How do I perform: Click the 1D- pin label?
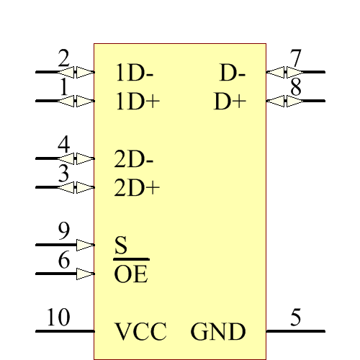135,73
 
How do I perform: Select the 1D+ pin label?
137,102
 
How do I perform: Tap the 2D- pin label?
135,158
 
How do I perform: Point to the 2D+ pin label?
137,189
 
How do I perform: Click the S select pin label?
121,246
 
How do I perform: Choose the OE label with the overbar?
131,274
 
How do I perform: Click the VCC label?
140,332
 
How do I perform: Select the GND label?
218,332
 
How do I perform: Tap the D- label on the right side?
233,73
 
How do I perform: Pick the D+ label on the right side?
230,102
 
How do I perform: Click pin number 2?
64,58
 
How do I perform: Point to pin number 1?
64,87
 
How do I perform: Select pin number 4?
64,144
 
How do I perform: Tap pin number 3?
64,174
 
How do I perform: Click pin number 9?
64,231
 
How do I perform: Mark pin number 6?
64,260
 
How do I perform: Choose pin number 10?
58,318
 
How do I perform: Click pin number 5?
295,318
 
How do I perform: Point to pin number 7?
295,58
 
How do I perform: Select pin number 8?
295,87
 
